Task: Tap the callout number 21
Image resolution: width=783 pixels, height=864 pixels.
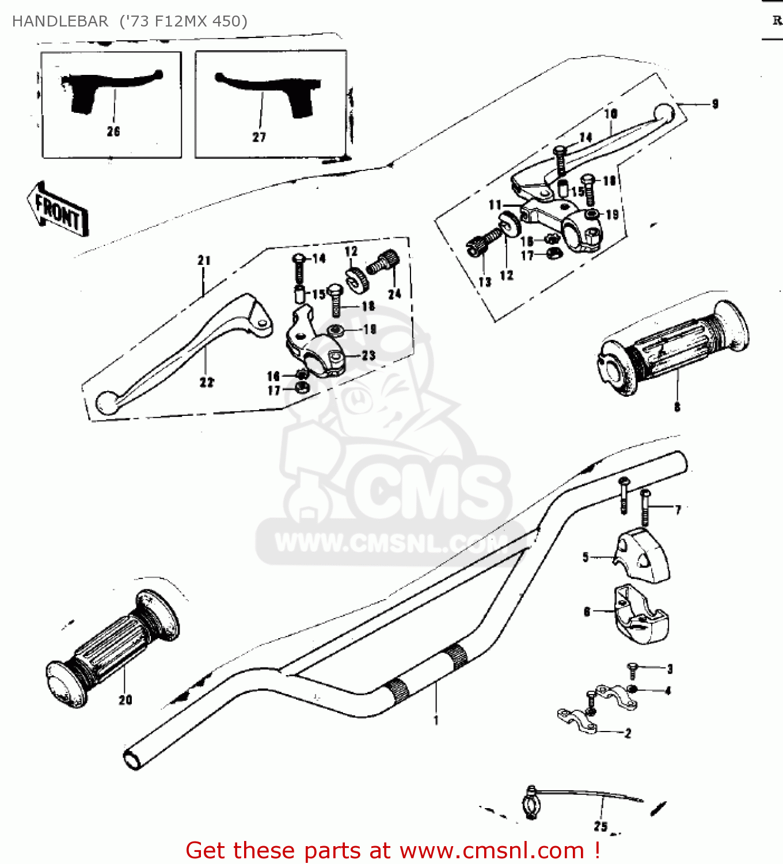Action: [204, 260]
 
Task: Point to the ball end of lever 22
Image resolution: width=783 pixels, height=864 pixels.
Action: [107, 403]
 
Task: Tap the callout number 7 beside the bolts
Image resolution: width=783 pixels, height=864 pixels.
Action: [678, 510]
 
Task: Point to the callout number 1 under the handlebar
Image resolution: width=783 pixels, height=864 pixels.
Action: [436, 720]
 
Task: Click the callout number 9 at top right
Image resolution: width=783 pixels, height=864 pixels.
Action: [715, 104]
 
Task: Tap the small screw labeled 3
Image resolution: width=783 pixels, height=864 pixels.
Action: [633, 669]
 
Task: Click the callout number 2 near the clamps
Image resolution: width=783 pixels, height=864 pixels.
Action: [628, 733]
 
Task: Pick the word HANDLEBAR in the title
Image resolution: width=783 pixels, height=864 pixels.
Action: [60, 21]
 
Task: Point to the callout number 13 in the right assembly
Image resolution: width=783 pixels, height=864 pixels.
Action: [484, 282]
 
